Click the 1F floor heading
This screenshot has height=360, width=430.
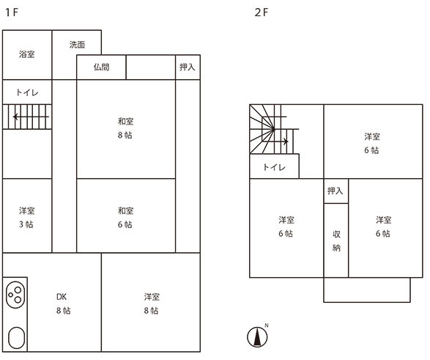point(12,12)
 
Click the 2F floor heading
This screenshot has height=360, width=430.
point(262,12)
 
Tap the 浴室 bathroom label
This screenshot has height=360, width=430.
point(27,54)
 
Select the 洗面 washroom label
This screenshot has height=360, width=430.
point(77,45)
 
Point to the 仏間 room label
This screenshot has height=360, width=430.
point(102,67)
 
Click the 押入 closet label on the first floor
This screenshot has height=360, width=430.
point(188,67)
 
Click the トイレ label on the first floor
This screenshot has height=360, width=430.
point(27,92)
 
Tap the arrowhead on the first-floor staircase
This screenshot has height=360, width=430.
point(15,117)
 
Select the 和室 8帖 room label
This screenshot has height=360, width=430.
point(125,128)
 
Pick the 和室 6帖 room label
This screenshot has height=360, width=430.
point(125,217)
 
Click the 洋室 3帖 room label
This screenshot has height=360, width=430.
point(27,217)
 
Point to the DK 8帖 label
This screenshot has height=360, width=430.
point(63,304)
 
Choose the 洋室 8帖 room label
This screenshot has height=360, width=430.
point(152,304)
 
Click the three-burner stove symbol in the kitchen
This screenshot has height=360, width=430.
point(15,295)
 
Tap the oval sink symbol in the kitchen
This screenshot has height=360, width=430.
point(16,338)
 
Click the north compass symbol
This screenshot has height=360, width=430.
point(257,337)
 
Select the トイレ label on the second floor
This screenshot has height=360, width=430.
point(274,167)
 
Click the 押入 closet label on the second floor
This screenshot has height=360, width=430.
point(335,191)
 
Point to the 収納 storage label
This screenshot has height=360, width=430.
point(336,241)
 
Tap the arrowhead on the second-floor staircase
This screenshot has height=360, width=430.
point(286,142)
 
